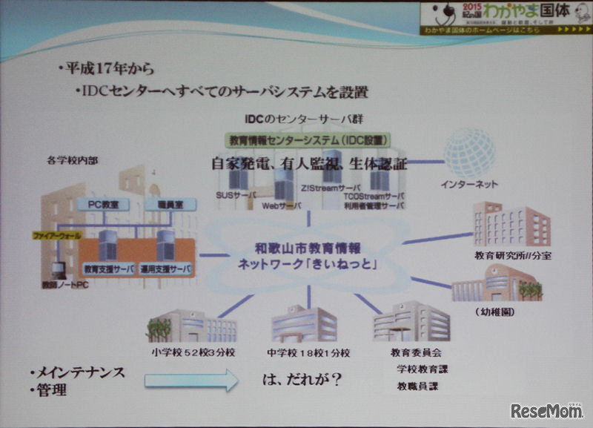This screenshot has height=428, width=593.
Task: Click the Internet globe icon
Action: coord(469,153)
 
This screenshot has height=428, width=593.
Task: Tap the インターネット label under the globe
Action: coord(471,184)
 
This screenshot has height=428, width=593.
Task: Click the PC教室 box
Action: coord(104,203)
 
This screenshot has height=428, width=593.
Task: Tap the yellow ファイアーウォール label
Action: coord(57,235)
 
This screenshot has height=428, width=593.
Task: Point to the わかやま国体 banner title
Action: coord(523,11)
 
